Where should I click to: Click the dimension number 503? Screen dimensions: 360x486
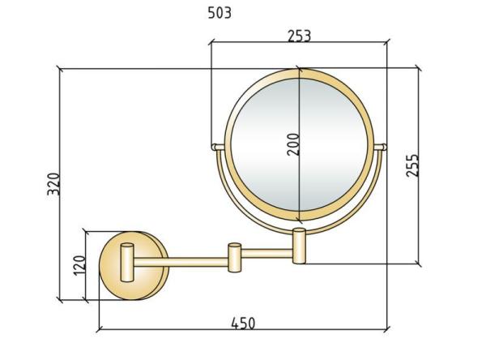(x=219, y=13)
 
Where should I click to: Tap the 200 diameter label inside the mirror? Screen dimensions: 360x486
(x=292, y=144)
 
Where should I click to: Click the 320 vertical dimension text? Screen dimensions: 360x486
(x=53, y=187)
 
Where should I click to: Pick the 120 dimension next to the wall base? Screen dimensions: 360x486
(x=79, y=264)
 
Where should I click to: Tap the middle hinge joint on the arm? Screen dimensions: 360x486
(x=233, y=255)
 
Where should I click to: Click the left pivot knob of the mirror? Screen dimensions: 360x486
(x=215, y=147)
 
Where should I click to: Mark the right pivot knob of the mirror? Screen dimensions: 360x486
(x=382, y=147)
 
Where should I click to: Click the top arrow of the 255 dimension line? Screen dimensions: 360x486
(x=418, y=71)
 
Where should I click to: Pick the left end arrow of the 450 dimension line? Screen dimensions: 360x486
(x=100, y=329)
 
